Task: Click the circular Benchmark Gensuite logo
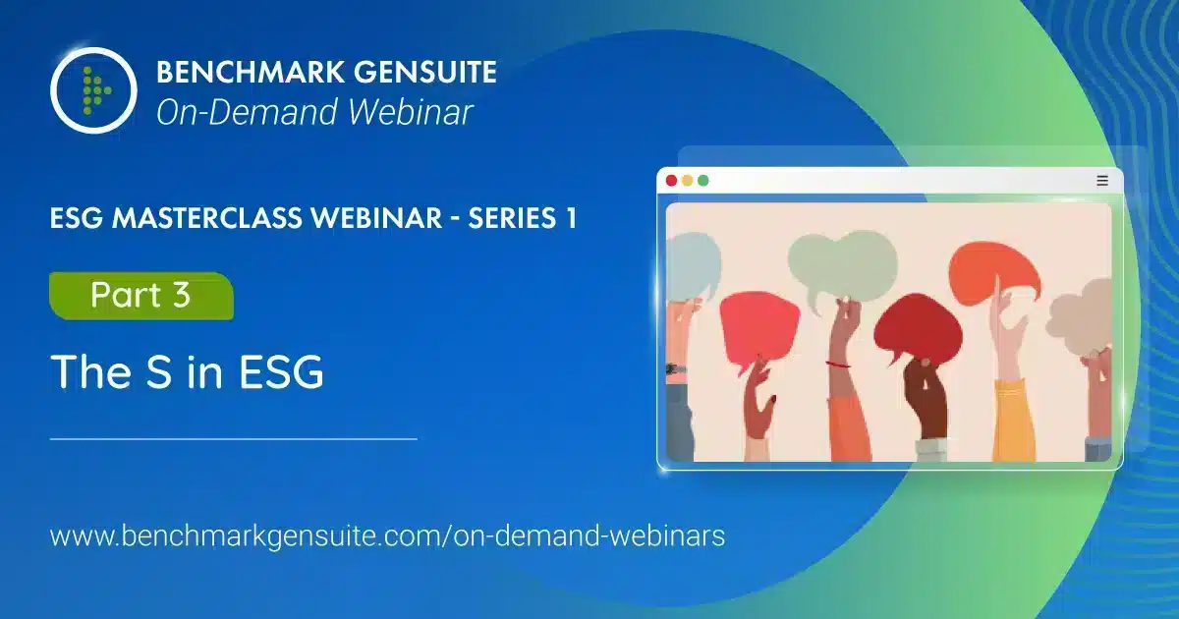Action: [93, 90]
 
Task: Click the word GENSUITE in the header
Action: [424, 72]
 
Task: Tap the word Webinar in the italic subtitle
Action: [410, 112]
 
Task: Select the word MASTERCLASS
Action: [208, 218]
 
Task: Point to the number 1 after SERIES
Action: [571, 218]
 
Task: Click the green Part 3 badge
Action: [141, 296]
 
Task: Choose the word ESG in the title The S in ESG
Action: [281, 371]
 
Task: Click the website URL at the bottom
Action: [387, 536]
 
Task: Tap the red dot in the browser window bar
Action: [671, 181]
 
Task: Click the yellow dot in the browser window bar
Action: [687, 181]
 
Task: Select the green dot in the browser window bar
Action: [702, 181]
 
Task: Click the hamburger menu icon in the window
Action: [1102, 181]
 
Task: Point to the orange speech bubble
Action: [992, 275]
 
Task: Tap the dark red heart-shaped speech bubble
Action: [918, 328]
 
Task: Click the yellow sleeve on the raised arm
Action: [1013, 422]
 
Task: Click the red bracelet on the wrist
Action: [837, 364]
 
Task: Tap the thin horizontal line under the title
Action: [234, 438]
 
